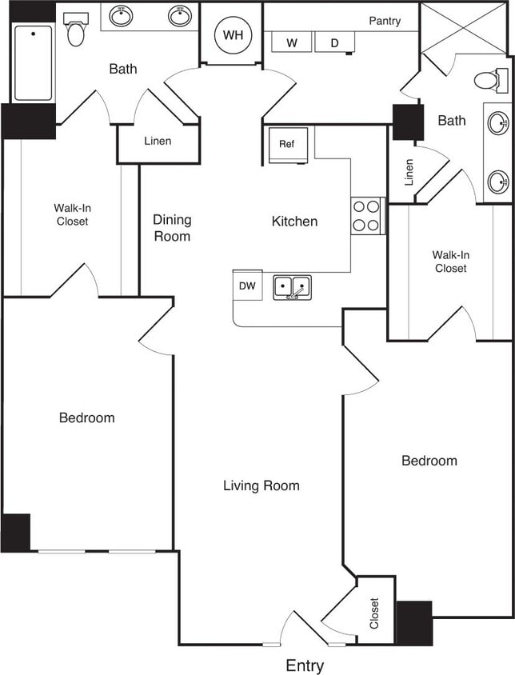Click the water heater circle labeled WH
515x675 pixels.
[232, 35]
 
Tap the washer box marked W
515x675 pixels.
[292, 43]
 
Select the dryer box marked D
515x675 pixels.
[334, 43]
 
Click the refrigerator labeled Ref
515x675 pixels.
[288, 145]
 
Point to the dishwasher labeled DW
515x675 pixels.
[247, 286]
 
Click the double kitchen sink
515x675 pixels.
[293, 286]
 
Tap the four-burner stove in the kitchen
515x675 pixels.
[368, 215]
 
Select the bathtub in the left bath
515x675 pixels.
[33, 63]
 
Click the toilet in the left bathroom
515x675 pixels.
[76, 30]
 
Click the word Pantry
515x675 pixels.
[385, 21]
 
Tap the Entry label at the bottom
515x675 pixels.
[305, 665]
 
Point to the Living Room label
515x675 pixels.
[261, 485]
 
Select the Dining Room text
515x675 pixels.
[172, 228]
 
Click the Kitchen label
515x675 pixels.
[294, 222]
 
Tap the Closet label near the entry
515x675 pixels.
[374, 613]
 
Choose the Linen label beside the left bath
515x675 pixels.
[158, 142]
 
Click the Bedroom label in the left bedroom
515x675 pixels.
[86, 417]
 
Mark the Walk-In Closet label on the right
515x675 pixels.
[451, 262]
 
